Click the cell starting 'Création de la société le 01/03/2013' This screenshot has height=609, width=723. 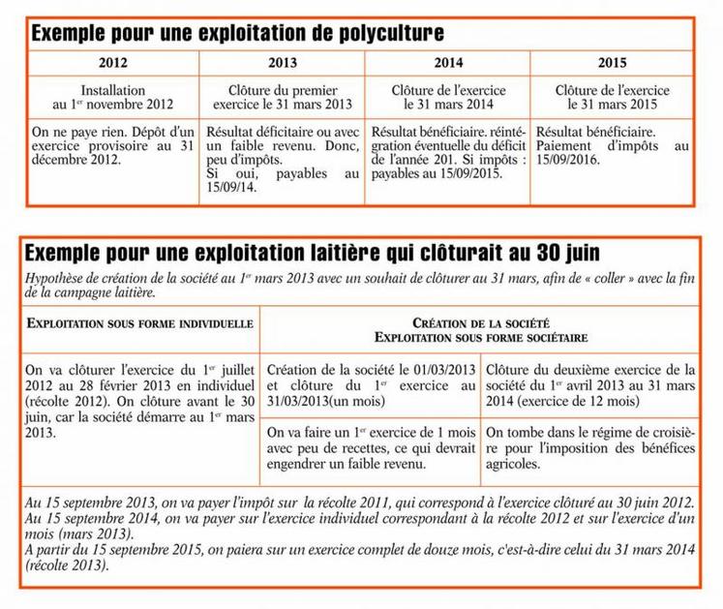[372, 384]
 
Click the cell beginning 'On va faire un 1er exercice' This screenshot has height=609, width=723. [372, 450]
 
